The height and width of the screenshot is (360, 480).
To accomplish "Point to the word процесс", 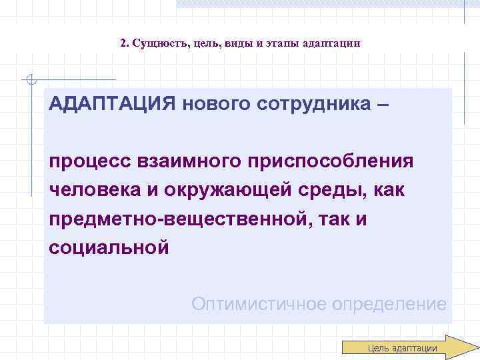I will pyautogui.click(x=90, y=162).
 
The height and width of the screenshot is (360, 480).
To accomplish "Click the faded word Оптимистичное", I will pyautogui.click(x=257, y=305).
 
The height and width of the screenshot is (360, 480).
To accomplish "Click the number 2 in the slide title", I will pyautogui.click(x=124, y=43).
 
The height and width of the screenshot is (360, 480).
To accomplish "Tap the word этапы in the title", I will pyautogui.click(x=286, y=43).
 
